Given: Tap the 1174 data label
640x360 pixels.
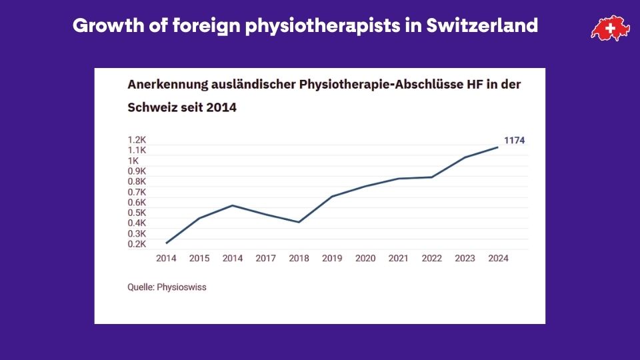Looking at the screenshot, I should (514, 140).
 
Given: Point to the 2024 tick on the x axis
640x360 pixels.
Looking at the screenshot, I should (497, 258).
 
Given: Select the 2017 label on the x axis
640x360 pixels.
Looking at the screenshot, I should (265, 258).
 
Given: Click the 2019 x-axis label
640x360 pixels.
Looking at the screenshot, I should (332, 258).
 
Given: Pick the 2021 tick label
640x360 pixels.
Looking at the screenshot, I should (398, 258).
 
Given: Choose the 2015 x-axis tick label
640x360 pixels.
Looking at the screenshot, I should (199, 258).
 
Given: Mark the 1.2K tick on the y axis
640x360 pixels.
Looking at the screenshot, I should (137, 140).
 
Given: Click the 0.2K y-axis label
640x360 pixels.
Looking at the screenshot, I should (137, 244).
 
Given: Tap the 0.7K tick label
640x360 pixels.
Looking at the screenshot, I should (137, 192).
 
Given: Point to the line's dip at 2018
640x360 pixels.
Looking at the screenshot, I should (299, 222).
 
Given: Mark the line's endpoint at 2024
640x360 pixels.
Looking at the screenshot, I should (497, 147).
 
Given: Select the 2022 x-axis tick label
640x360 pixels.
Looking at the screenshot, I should (431, 258).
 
